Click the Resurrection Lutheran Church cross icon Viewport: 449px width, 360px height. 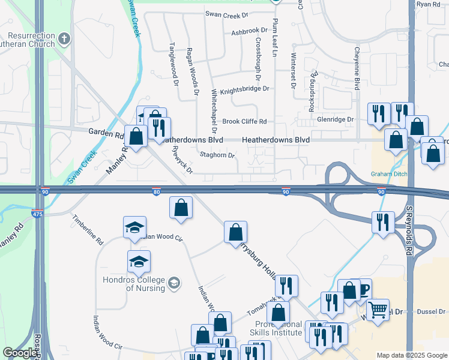click(x=64, y=40)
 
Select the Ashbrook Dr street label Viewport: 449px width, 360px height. click(x=249, y=30)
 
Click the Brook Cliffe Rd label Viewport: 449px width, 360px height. click(x=244, y=121)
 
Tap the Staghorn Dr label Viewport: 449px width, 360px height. click(x=217, y=155)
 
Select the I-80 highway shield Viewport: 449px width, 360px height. click(x=156, y=192)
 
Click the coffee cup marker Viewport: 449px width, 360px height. click(x=362, y=289)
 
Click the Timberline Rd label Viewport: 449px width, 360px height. click(x=88, y=229)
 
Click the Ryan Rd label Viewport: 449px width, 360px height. click(x=428, y=4)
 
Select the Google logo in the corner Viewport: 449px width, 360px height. click(x=19, y=353)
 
